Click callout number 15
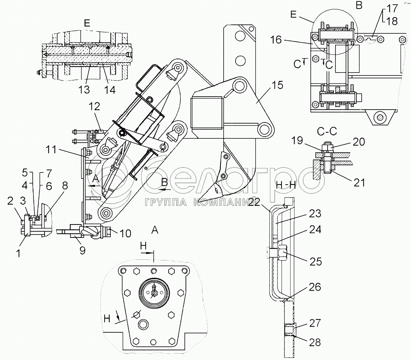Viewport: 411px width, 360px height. click(x=278, y=85)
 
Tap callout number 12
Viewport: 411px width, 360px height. click(x=94, y=107)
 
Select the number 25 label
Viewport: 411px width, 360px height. click(x=316, y=262)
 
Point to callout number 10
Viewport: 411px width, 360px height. click(x=125, y=233)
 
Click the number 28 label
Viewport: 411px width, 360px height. click(x=315, y=342)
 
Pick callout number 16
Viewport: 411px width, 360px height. click(x=276, y=40)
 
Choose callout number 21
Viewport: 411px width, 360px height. click(x=359, y=183)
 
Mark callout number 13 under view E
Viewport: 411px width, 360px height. click(x=84, y=90)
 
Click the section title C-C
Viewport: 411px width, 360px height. click(x=327, y=131)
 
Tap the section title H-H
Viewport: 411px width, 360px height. click(x=286, y=186)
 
